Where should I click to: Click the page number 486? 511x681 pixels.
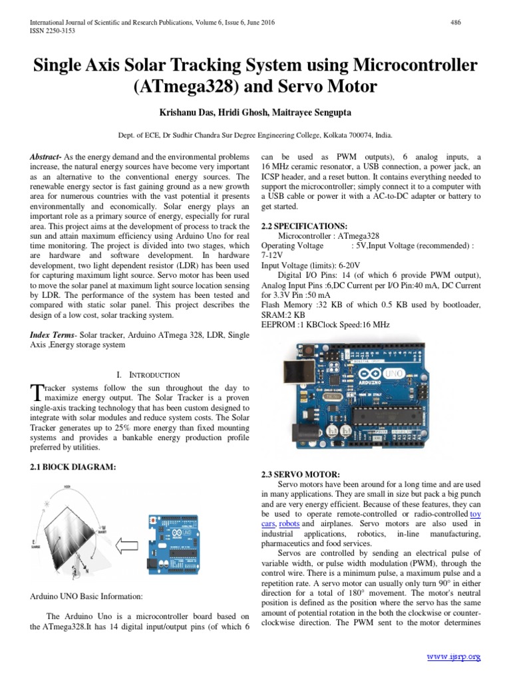(x=456, y=22)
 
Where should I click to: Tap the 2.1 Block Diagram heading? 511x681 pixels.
(x=73, y=468)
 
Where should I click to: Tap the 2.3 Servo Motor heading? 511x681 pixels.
(x=300, y=474)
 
